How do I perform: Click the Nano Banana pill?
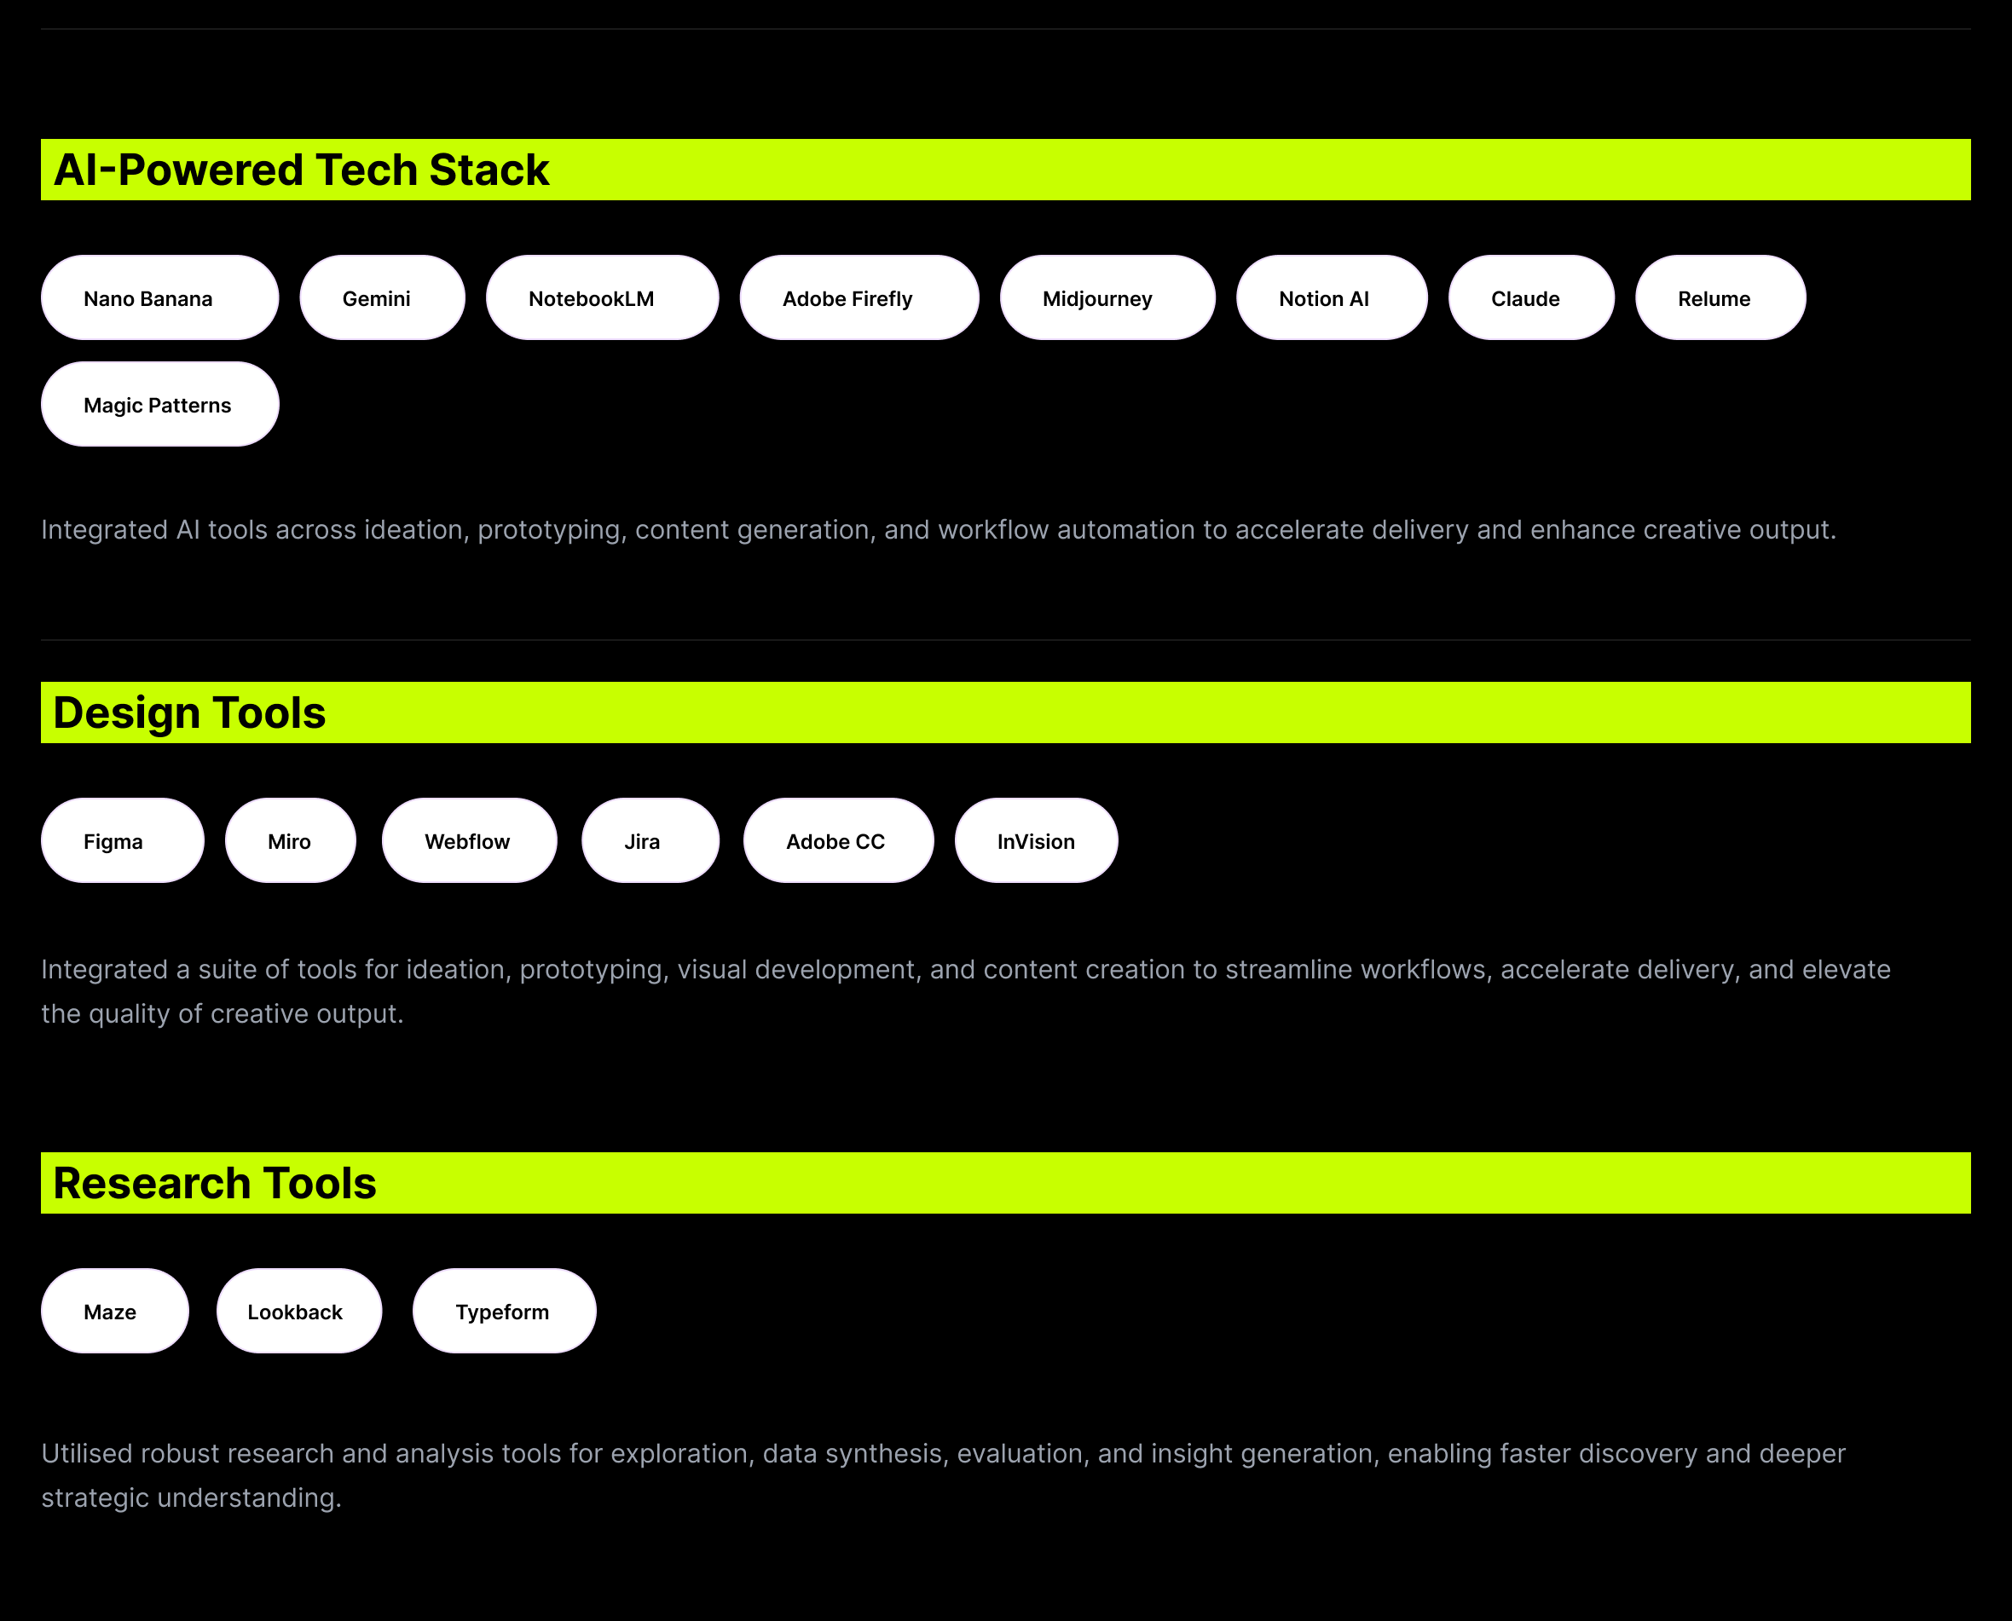(159, 298)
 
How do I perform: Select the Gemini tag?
(382, 298)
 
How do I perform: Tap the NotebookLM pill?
(603, 298)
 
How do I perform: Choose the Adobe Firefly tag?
(859, 298)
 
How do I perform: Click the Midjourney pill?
(1107, 298)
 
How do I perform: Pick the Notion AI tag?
(1332, 298)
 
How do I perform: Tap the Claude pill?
(1532, 298)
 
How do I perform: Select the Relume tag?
(1720, 298)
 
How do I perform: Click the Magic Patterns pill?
(159, 404)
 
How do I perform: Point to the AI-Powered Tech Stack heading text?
(302, 170)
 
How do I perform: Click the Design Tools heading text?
(189, 713)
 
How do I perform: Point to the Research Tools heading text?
(215, 1184)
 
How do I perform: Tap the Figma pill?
(123, 840)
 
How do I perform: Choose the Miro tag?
(291, 840)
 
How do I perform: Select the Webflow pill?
(470, 840)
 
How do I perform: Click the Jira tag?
(651, 840)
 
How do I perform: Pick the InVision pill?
(1037, 840)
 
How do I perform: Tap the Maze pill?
(115, 1311)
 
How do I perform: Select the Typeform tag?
(505, 1311)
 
